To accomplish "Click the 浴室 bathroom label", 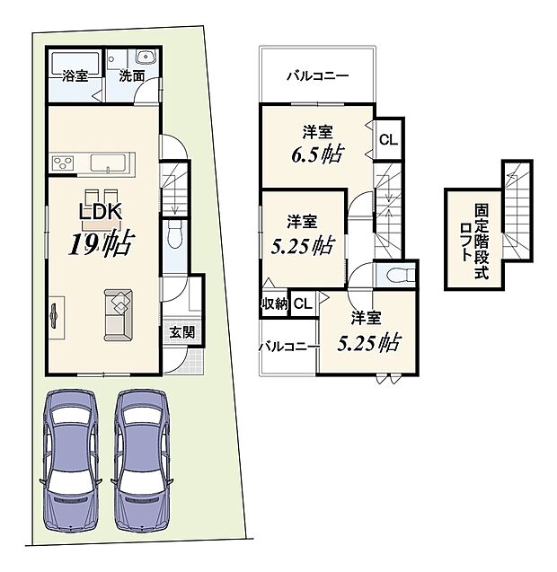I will (75, 75).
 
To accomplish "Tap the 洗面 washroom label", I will (133, 75).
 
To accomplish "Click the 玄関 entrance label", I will (181, 330).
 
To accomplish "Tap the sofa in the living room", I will (118, 314).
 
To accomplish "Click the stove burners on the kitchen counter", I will (65, 163).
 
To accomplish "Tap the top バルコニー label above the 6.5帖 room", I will (317, 76).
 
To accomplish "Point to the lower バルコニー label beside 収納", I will (286, 344).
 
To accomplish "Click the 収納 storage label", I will (274, 304).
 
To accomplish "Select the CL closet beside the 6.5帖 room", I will (386, 139).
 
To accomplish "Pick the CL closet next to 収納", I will (302, 304).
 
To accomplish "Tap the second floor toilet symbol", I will (399, 272).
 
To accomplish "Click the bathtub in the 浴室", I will (75, 64).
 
